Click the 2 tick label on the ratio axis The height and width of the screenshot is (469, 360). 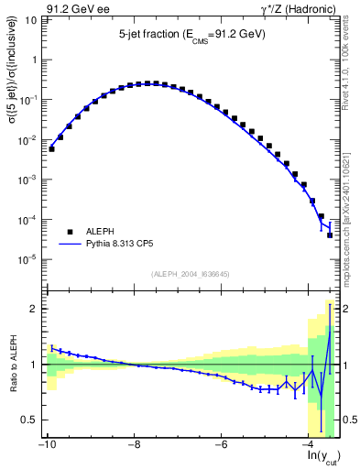pos(35,309)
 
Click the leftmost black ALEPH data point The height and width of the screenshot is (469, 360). pos(51,148)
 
